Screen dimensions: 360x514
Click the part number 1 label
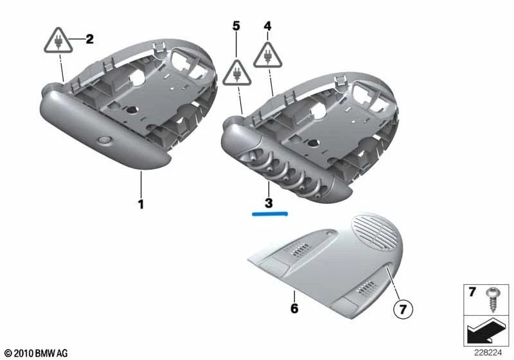[x=141, y=205]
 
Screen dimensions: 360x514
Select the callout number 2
[x=89, y=39]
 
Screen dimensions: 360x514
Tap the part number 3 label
[x=269, y=203]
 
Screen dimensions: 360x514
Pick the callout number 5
[x=236, y=27]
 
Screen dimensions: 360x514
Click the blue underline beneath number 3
[x=270, y=214]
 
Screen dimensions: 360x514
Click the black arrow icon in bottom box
[x=486, y=332]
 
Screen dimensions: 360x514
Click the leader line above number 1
[x=141, y=186]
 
